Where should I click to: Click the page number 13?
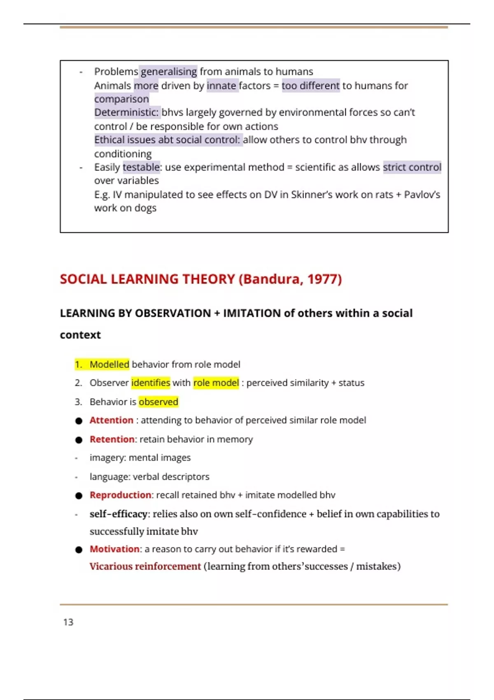(68, 622)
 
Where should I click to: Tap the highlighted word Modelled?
(110, 364)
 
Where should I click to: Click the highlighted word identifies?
(151, 383)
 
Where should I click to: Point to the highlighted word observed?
(158, 402)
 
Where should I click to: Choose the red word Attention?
(112, 420)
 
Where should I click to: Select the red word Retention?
(112, 439)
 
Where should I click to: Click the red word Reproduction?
(120, 495)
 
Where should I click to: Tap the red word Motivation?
(114, 549)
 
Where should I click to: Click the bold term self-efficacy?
(119, 514)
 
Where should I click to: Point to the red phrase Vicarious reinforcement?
(145, 567)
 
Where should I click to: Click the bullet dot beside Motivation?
(79, 550)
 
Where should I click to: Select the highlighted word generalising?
(169, 72)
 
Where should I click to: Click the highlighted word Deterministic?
(126, 112)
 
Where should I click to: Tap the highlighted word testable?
(141, 167)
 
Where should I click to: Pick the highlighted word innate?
(221, 86)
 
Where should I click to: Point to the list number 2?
(78, 383)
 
